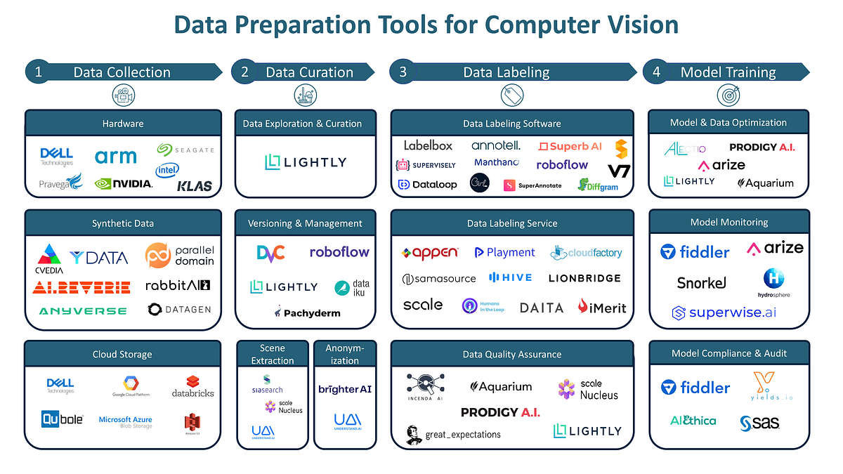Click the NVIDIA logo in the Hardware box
[124, 183]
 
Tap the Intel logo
[167, 170]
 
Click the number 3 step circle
[403, 72]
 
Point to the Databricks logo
[192, 388]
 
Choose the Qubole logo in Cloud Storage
[62, 419]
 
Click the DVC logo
[270, 253]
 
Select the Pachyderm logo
[307, 312]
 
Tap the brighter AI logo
[344, 389]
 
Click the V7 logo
[619, 171]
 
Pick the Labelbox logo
[428, 145]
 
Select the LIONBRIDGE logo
[584, 278]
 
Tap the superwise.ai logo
[724, 312]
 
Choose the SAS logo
[759, 423]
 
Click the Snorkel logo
[701, 283]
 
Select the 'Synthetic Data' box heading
[123, 223]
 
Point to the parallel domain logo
[179, 256]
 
